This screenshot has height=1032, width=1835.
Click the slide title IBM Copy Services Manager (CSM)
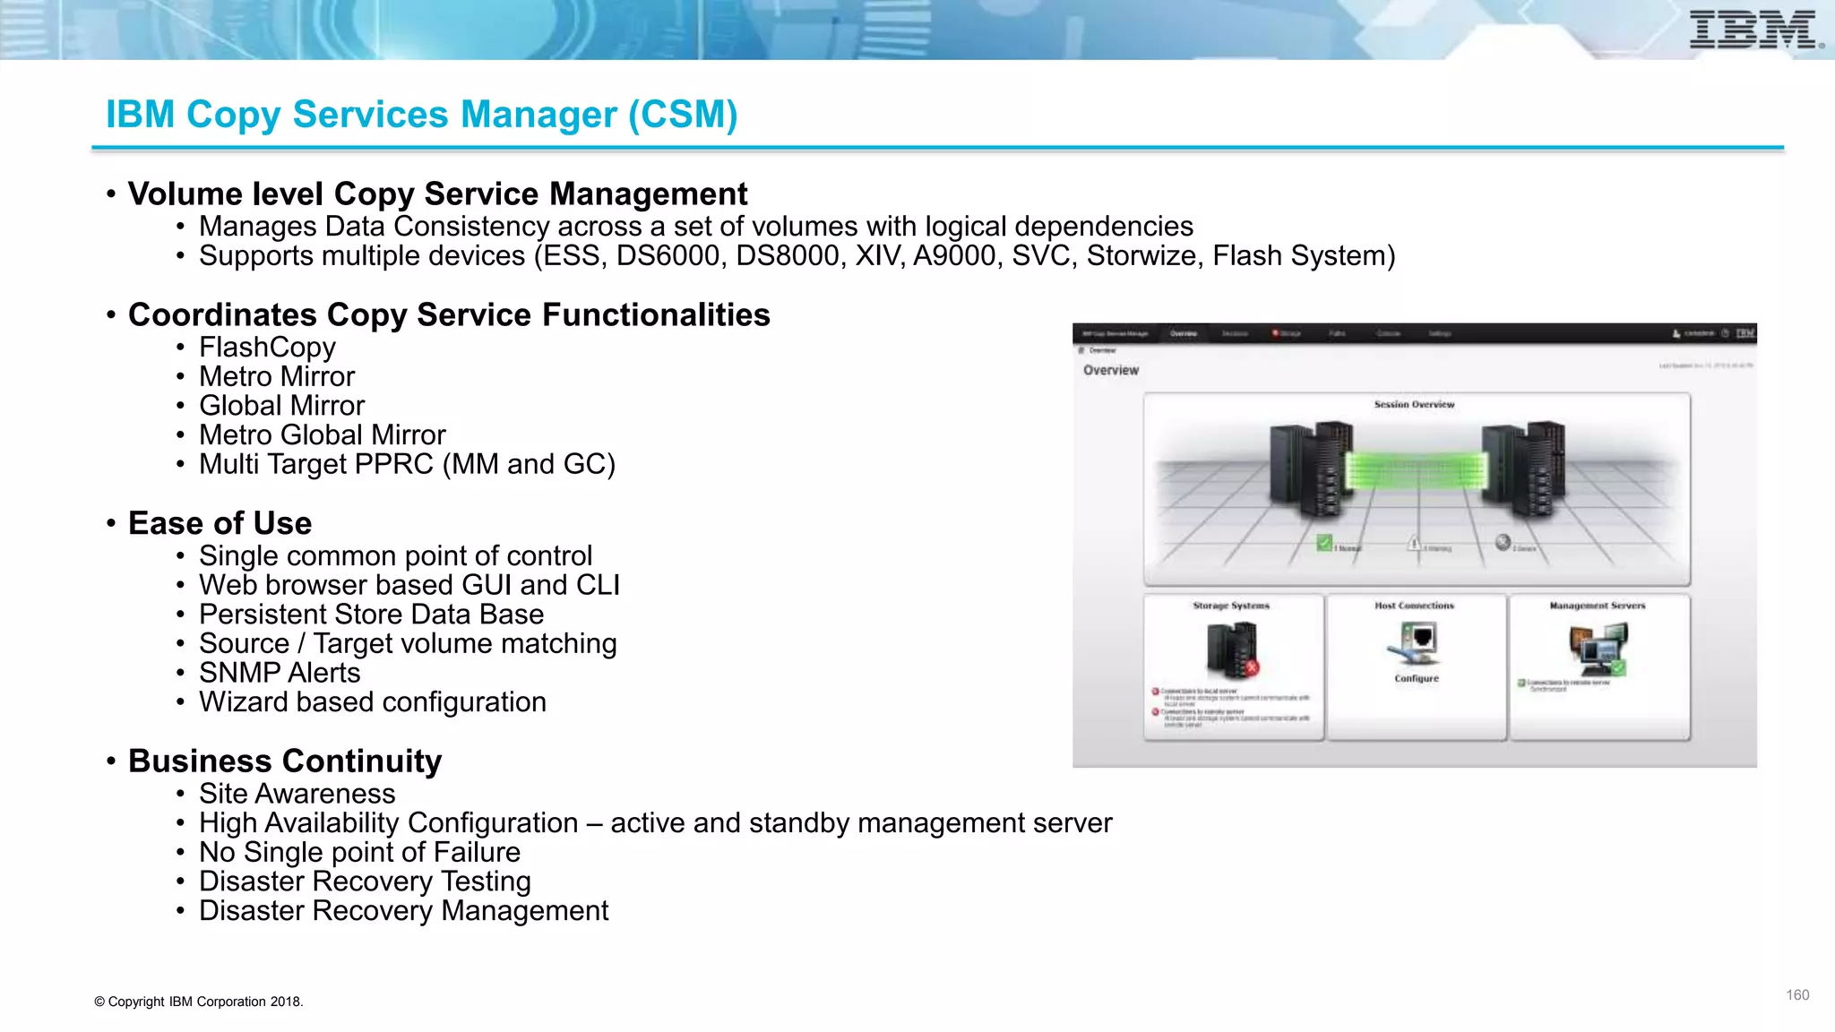[x=421, y=115]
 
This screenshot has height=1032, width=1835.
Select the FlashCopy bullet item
[x=267, y=348]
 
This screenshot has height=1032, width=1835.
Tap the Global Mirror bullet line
[x=281, y=406]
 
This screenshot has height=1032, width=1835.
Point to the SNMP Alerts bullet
[x=279, y=673]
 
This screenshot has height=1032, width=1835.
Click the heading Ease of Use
[x=220, y=523]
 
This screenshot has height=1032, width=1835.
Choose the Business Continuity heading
[x=285, y=761]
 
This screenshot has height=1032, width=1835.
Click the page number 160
[x=1796, y=995]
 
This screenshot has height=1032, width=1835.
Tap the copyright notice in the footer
[x=199, y=1002]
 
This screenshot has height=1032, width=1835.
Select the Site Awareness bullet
[x=297, y=794]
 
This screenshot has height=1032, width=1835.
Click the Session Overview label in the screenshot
[x=1414, y=405]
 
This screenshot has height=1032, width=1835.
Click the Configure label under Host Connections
[x=1417, y=679]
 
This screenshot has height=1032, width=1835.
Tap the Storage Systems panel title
[x=1231, y=606]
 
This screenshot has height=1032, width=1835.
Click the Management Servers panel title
[x=1597, y=606]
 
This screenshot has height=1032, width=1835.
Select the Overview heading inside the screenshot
[x=1111, y=371]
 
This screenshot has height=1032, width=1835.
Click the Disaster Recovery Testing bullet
[x=365, y=881]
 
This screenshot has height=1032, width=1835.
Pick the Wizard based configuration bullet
[x=372, y=702]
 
